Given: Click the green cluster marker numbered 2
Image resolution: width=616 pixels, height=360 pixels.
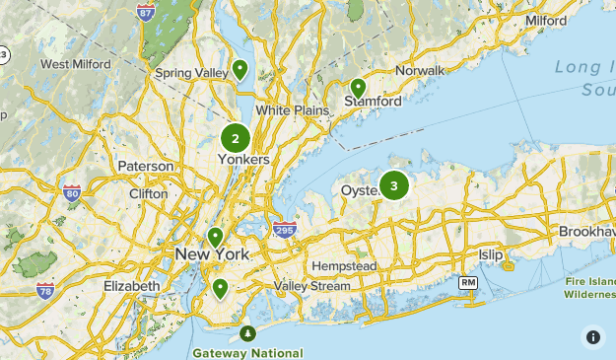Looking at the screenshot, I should pos(235,139).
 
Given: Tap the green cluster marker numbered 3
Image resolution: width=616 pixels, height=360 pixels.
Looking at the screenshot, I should pos(394,184).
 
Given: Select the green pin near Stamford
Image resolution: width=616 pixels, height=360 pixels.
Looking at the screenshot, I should pos(358,88).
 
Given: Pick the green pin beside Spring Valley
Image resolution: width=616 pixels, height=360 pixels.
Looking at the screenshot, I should pos(240,69).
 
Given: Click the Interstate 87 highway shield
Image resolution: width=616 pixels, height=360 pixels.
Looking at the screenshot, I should pos(145,13).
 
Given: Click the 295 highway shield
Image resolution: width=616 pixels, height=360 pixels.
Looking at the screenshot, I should pos(285,230).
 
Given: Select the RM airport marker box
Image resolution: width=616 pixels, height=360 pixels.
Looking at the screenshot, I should pos(468,283).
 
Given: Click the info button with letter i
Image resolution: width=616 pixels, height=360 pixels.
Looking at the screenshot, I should pos(593,336).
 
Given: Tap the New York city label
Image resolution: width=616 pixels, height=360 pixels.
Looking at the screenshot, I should pos(212,255).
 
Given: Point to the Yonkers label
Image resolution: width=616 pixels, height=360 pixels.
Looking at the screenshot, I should pos(242,159).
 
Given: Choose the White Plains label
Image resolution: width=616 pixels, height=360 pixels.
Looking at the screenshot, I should pos(292,110).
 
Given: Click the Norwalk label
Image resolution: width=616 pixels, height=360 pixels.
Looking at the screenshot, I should pos(420,71).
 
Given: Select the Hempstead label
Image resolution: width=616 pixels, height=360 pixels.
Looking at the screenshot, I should pos(344,266).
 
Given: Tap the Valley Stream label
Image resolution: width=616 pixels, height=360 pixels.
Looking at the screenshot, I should pos(311,286).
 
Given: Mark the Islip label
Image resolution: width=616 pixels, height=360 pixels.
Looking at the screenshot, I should pos(490,255).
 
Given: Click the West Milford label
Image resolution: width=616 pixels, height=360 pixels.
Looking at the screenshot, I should pos(74,64).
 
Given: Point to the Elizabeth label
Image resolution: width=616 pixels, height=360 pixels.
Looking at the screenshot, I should pos(131,286).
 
